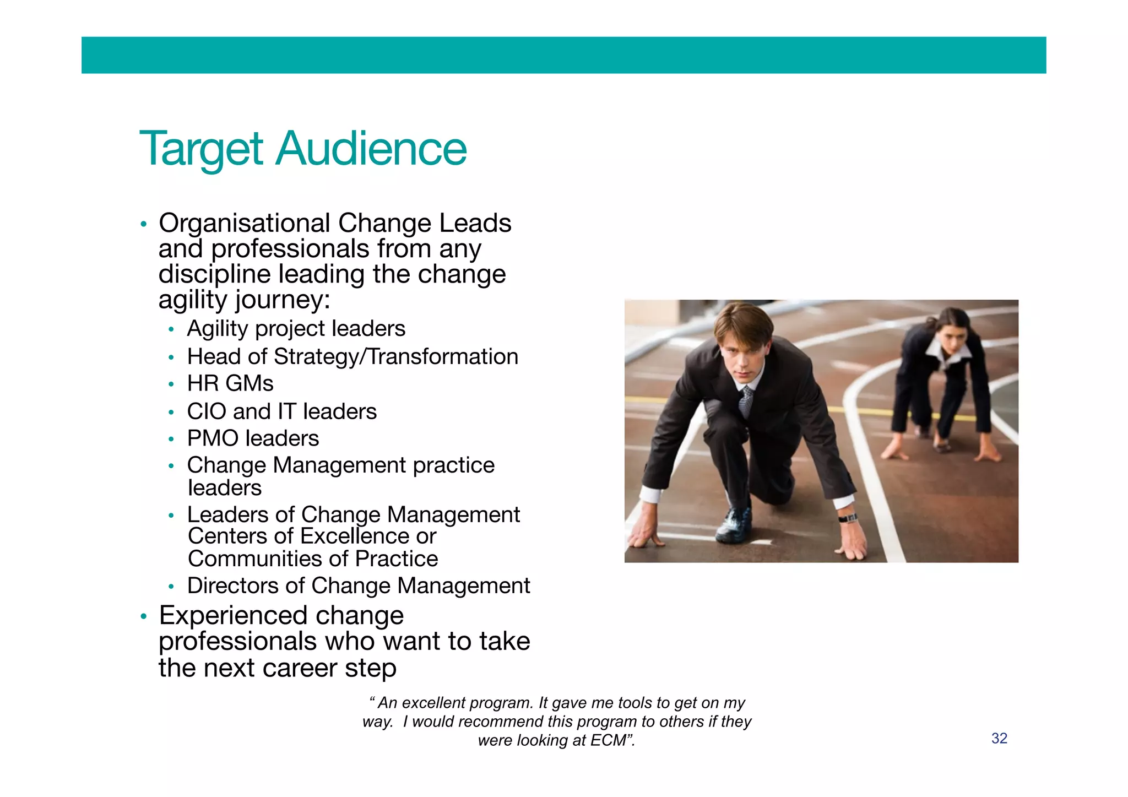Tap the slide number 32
[999, 738]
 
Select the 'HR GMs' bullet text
[230, 384]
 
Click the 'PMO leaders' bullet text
[253, 438]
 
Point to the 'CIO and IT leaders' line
[281, 411]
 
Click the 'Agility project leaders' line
[296, 329]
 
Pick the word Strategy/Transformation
[396, 357]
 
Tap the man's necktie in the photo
[745, 402]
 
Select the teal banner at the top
[563, 55]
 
